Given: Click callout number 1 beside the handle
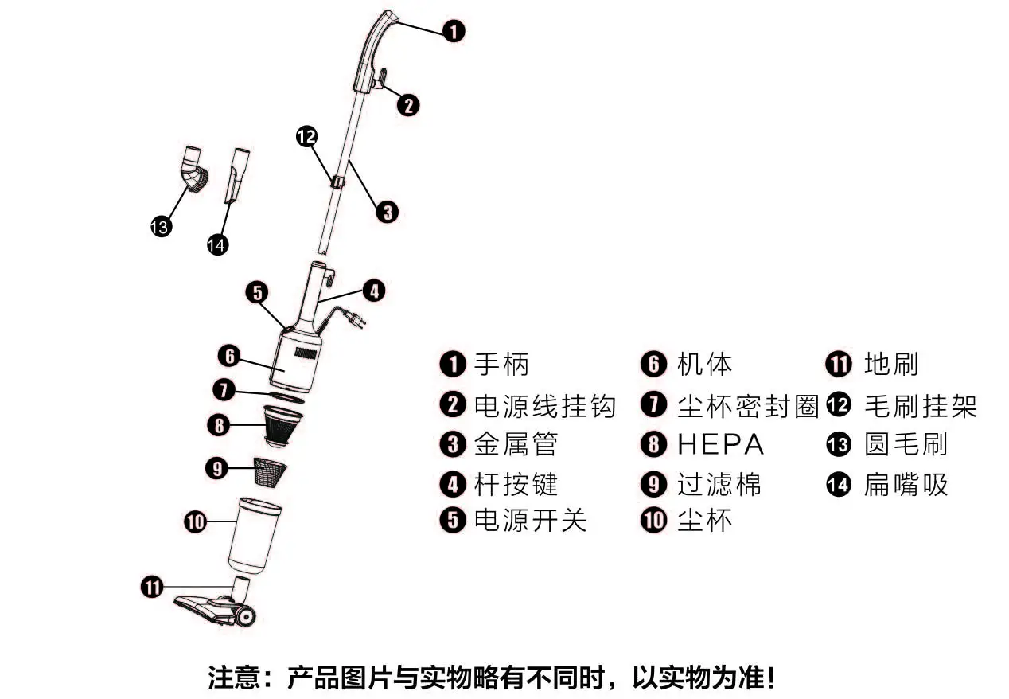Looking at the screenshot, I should coord(453,32).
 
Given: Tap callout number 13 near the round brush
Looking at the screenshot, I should coord(161,227).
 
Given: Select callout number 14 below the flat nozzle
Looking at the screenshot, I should coord(216,244).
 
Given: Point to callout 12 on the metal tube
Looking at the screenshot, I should coord(306,136).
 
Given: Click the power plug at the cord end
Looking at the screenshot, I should coord(357,320).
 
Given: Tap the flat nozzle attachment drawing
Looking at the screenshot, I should coord(238,175).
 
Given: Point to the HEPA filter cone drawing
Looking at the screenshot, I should coord(284,425).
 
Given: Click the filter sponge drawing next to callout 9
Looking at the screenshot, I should coord(272,472).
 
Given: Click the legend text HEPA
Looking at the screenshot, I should coord(720,444).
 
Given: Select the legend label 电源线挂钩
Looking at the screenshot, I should coord(545,405).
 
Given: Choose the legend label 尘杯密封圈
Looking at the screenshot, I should coord(748,405).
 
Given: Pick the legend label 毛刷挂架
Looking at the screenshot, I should coord(920,405).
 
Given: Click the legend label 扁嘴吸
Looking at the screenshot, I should coord(906,484).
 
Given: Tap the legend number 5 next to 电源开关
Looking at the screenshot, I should coord(452,521).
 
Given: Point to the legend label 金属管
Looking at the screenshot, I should coord(516,444).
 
